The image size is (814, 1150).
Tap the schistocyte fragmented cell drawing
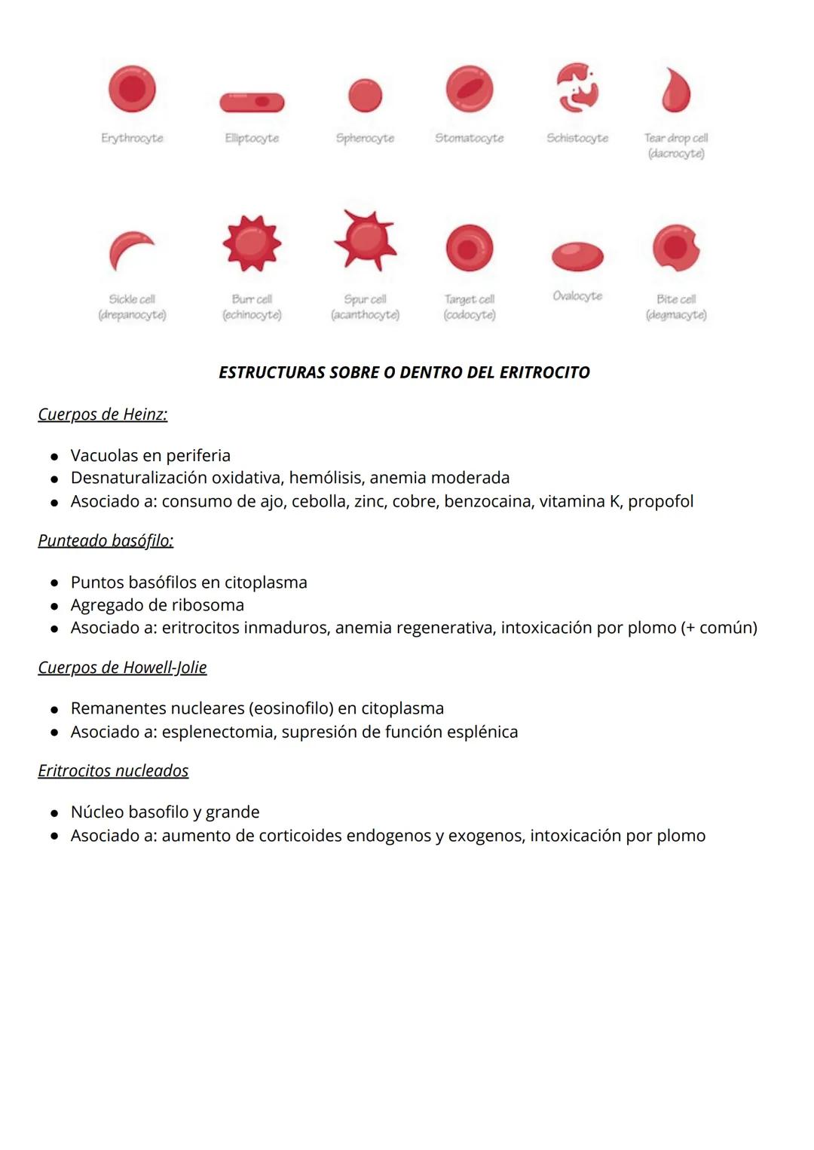(577, 87)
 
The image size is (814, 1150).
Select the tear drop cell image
(675, 90)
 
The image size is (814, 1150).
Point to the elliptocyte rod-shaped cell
(252, 102)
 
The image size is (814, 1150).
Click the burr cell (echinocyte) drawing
(252, 243)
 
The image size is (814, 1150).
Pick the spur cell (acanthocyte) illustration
(365, 240)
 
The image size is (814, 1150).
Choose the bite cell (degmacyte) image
(675, 247)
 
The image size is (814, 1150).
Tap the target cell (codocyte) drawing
(469, 248)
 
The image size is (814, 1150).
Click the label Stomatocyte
(469, 138)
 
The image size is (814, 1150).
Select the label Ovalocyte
(577, 296)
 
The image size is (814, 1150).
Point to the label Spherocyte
(365, 138)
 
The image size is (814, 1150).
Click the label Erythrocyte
(132, 138)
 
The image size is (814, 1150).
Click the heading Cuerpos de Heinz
(103, 414)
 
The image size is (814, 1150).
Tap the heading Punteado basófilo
(106, 541)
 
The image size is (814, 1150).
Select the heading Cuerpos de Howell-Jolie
(122, 668)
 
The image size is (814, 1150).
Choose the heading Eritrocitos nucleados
(113, 771)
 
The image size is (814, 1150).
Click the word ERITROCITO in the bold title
(544, 372)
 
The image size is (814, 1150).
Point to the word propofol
(660, 502)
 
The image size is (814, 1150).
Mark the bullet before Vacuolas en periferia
(54, 457)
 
